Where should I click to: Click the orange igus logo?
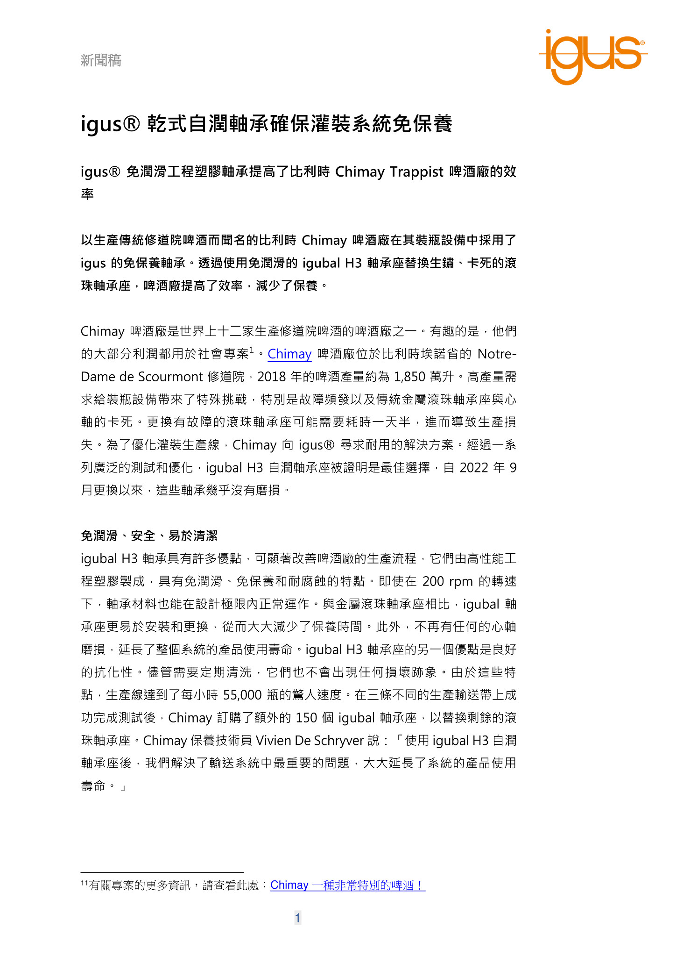[x=592, y=56]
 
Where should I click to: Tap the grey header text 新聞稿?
[x=101, y=60]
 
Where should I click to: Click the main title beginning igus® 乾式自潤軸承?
[x=267, y=124]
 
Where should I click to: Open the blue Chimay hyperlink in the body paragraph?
[x=289, y=354]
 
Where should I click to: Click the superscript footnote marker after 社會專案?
[x=252, y=350]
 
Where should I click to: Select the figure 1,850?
[x=409, y=377]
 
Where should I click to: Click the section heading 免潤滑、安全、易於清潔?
[x=149, y=536]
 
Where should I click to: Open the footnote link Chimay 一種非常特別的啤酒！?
[x=348, y=885]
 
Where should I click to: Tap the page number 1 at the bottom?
[x=298, y=918]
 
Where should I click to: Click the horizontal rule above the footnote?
[x=162, y=872]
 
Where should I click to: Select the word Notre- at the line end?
[x=497, y=354]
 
